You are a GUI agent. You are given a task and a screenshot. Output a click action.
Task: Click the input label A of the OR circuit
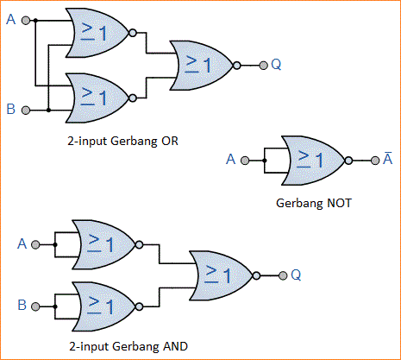(10, 18)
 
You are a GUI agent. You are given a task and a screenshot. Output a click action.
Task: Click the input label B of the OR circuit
(10, 111)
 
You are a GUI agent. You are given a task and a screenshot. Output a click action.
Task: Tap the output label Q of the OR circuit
(275, 64)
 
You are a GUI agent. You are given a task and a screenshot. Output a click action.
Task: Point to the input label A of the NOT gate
(230, 160)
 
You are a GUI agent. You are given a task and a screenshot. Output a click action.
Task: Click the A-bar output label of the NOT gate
(388, 159)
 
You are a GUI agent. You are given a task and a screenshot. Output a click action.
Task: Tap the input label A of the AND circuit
(22, 244)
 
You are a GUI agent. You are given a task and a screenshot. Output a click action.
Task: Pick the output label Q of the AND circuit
(295, 276)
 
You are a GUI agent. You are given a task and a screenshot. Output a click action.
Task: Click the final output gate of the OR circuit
(202, 64)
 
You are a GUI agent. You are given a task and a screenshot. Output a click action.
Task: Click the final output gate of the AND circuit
(221, 276)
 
